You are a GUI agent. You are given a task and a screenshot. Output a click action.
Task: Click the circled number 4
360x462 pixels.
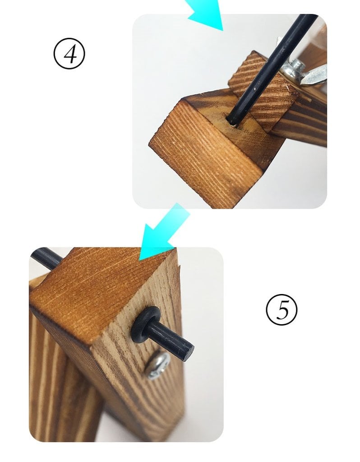coord(69,53)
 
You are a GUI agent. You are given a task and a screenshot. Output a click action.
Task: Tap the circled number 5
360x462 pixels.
coord(282,310)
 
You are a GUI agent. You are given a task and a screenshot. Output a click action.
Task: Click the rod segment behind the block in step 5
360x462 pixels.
coord(46,258)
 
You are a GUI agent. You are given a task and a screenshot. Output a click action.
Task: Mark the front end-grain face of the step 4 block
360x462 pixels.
coord(204,154)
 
